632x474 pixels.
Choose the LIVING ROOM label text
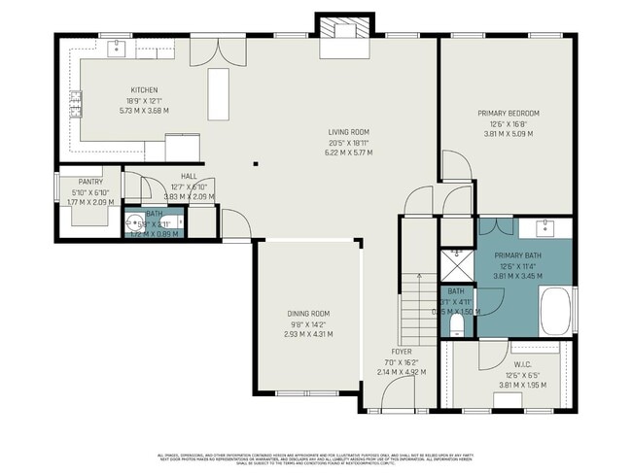point(347,132)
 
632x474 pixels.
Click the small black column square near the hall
point(255,164)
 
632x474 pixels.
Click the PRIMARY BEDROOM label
point(508,114)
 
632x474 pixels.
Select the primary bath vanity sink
point(544,229)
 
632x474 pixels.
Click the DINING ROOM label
point(309,314)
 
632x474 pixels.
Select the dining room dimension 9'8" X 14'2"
point(309,323)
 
